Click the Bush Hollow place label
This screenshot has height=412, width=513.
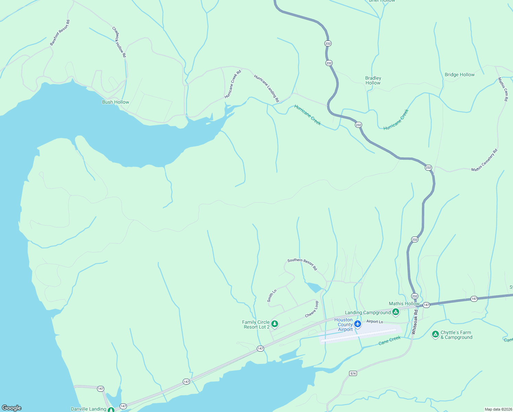point(116,102)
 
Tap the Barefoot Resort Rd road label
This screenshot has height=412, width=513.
point(60,33)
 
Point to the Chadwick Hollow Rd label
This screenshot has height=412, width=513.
point(119,42)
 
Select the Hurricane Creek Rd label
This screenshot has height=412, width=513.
point(233,84)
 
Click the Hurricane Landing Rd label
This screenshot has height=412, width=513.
point(266,88)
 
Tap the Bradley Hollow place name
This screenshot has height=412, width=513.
point(373,80)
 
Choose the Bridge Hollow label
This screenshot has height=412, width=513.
point(460,75)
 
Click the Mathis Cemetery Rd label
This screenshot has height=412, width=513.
point(484,160)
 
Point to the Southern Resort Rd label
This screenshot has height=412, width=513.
point(302,264)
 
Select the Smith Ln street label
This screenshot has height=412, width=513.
point(272,296)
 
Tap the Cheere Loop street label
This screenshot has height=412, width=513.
point(312,309)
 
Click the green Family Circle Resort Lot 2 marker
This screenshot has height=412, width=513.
point(274,323)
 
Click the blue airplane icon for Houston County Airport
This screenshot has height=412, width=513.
point(358,324)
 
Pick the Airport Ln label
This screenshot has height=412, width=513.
point(374,322)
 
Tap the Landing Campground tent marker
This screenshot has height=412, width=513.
point(395,312)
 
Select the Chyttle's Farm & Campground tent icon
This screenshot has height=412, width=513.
point(435,334)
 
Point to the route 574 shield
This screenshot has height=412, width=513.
point(353,373)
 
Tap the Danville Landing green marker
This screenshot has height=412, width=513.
point(111,410)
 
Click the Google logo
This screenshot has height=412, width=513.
point(12,408)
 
